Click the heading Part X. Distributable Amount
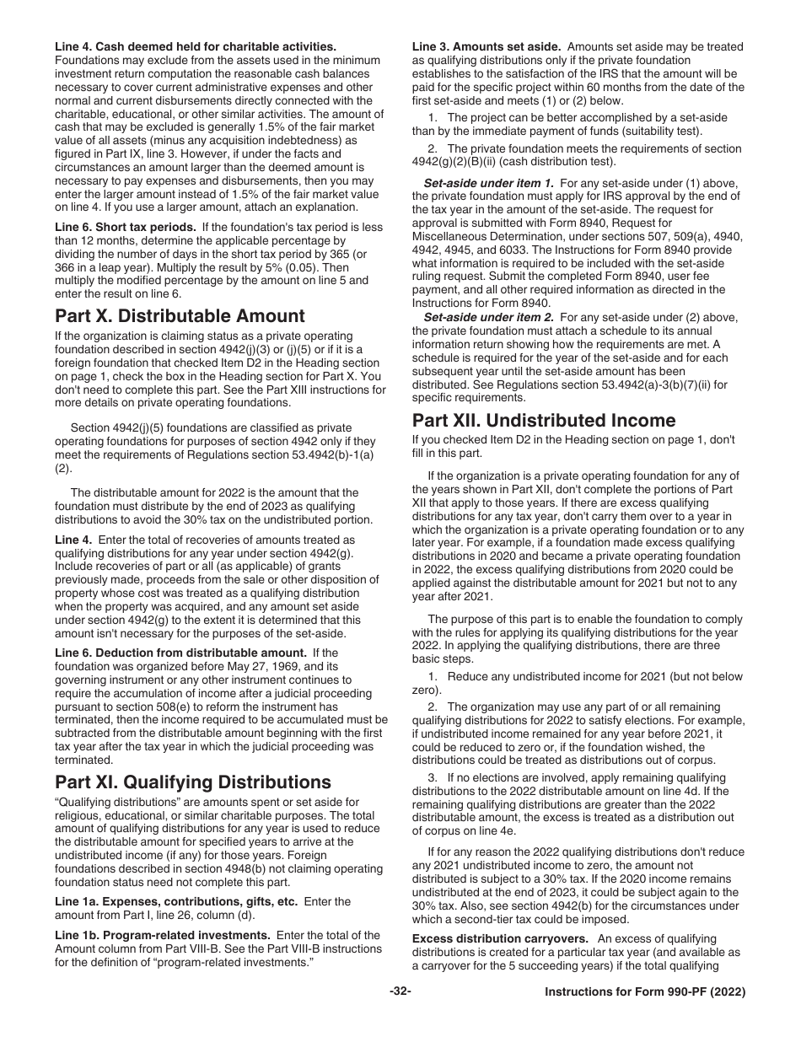click(x=180, y=316)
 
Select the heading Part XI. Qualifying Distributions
click(x=193, y=782)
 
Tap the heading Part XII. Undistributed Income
click(x=544, y=420)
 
